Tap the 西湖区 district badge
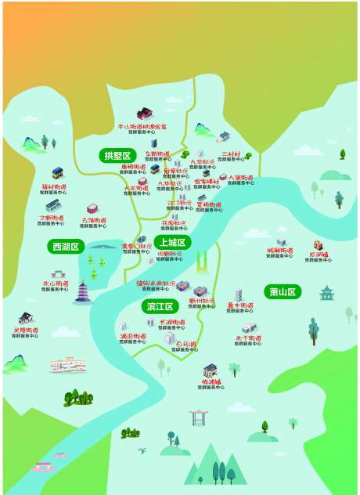click(x=66, y=247)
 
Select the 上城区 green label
click(x=171, y=242)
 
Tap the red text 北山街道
click(x=54, y=284)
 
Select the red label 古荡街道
click(x=95, y=220)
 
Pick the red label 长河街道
click(x=172, y=322)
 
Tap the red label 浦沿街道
click(x=133, y=336)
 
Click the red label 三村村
click(x=232, y=154)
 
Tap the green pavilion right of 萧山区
click(x=326, y=293)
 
